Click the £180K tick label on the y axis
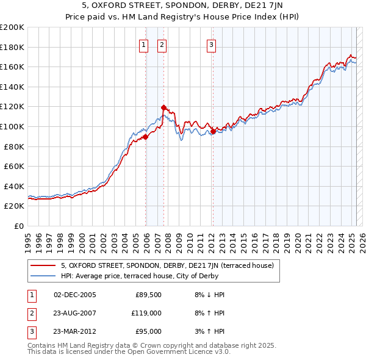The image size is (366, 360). tap(12, 47)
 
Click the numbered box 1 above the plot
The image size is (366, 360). tap(143, 44)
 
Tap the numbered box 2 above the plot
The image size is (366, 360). tap(162, 44)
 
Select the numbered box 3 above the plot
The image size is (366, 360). tap(211, 44)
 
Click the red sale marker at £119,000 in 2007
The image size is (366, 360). tap(163, 107)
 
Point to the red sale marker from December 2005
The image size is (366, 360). tap(146, 137)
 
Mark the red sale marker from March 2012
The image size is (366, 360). tap(213, 131)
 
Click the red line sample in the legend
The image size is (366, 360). tap(43, 265)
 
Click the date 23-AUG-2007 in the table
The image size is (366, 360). tap(74, 313)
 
